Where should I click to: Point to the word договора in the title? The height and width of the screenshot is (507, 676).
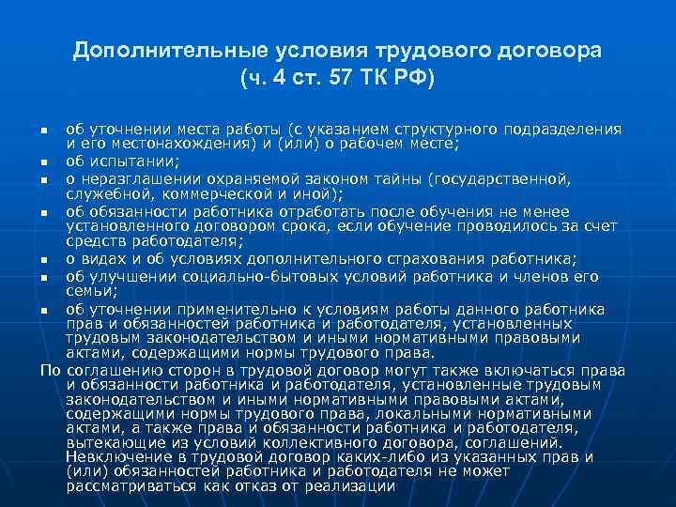point(551,50)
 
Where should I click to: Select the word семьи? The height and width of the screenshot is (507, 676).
point(87,291)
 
